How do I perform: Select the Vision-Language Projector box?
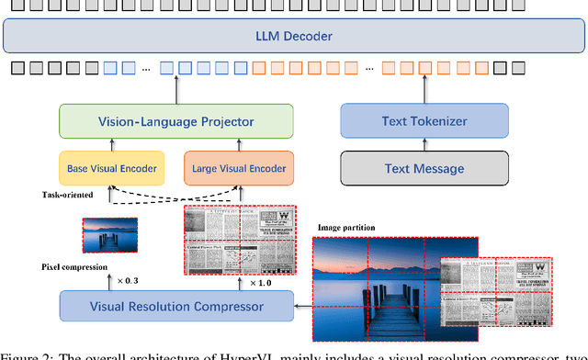point(175,121)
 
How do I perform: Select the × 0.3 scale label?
point(124,279)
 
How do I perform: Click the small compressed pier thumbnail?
point(109,233)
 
